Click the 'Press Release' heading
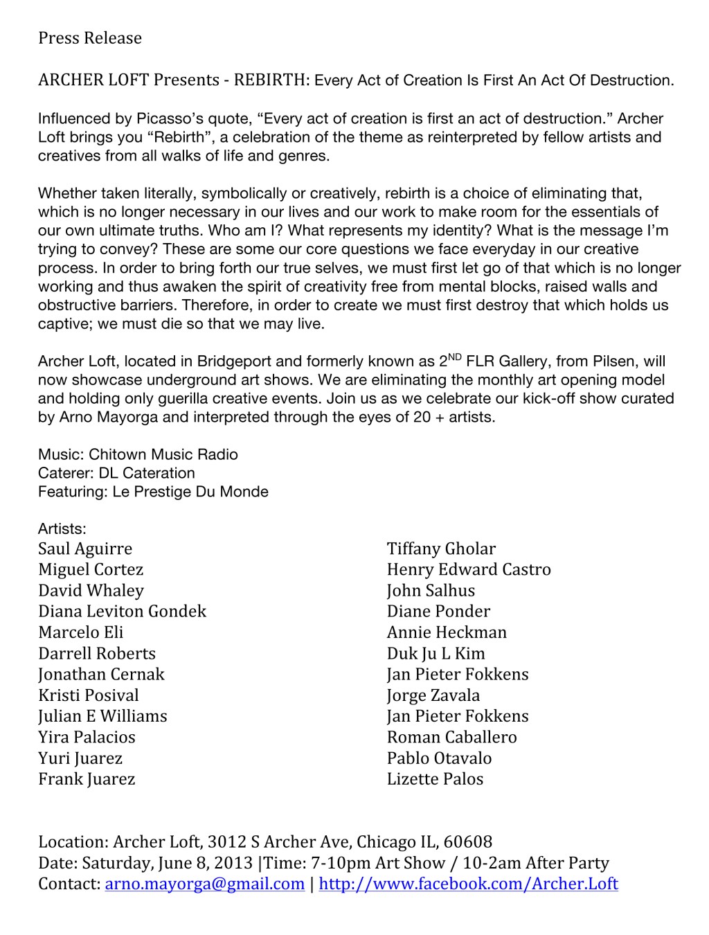pos(90,38)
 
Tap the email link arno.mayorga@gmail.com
pos(204,884)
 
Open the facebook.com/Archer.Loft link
pos(468,884)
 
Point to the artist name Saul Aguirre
pos(85,549)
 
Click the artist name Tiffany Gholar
pos(441,549)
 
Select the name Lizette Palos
pos(435,778)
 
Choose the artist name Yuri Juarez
pos(80,758)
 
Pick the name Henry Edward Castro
pos(469,569)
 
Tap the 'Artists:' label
pos(62,529)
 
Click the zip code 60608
pos(468,842)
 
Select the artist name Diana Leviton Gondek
pos(123,611)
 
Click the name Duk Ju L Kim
pos(436,653)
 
